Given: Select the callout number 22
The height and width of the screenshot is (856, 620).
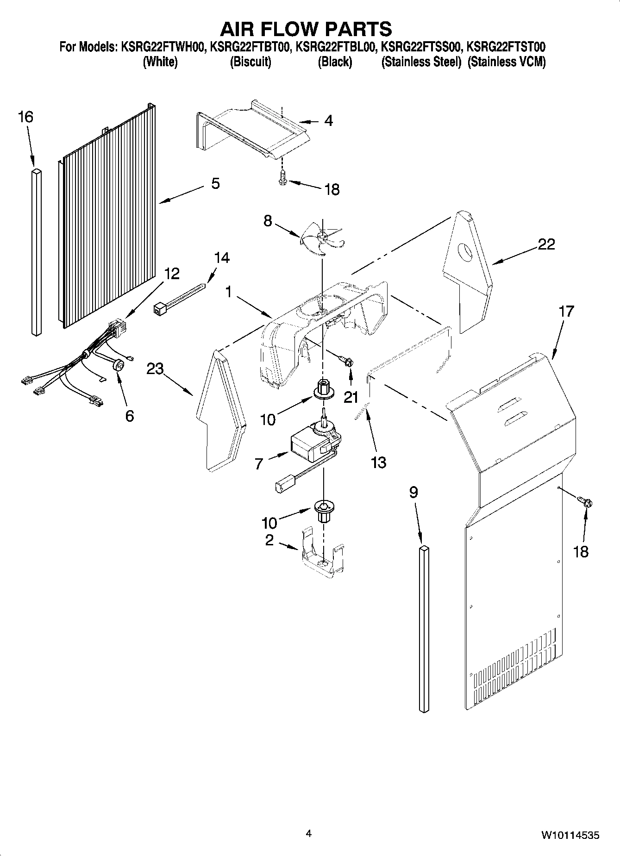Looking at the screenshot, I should (546, 244).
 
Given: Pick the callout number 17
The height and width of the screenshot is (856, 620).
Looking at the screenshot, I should (566, 311).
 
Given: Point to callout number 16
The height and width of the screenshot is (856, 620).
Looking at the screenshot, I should (25, 117).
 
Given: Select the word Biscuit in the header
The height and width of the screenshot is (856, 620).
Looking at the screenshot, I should (251, 62).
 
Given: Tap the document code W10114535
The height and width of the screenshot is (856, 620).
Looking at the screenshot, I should (570, 835).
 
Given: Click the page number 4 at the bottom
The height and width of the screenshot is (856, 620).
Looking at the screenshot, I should (309, 834).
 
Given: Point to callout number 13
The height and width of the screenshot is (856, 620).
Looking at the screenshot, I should (378, 462).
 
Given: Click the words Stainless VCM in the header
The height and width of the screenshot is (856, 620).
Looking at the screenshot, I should (507, 62).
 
